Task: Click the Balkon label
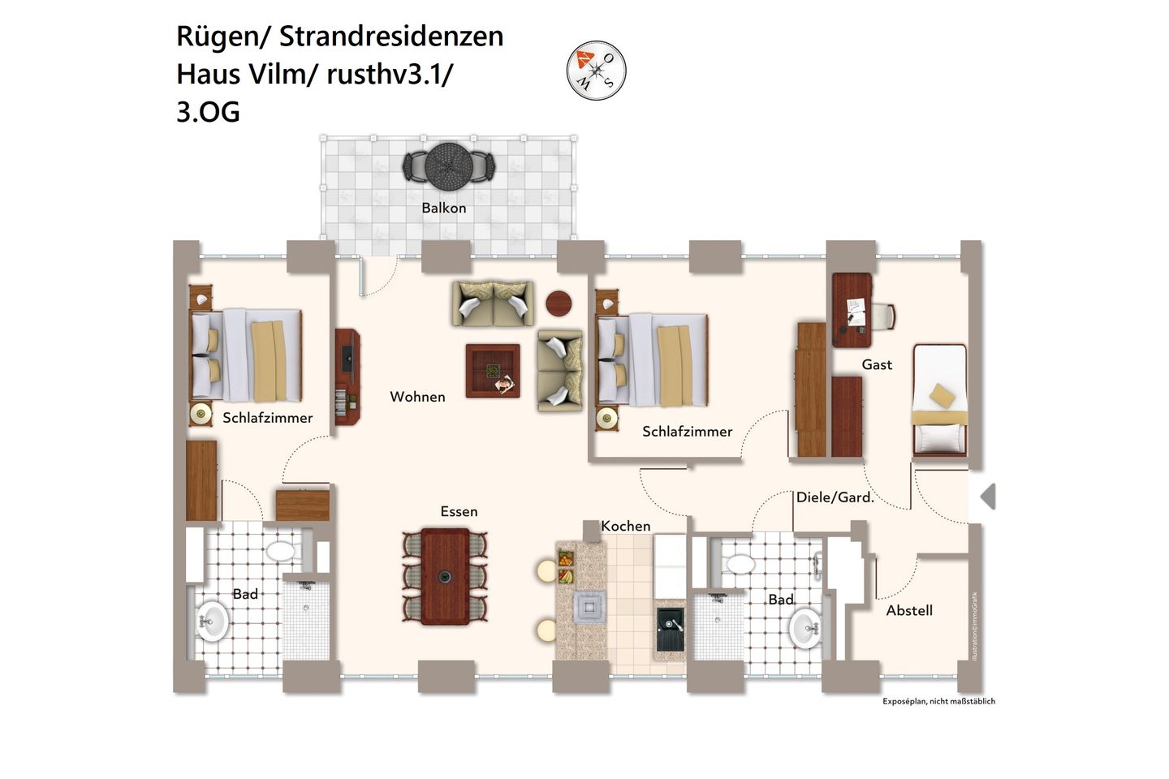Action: pos(444,209)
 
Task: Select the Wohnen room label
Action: pos(417,397)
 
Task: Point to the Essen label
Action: pos(459,512)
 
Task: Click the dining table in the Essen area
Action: pos(445,576)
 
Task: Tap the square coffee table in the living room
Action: pos(493,371)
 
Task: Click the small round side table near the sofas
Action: pos(559,303)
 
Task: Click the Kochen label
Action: pos(626,527)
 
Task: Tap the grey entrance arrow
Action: pos(987,497)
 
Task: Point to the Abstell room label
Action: pos(909,611)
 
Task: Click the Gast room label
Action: pos(877,365)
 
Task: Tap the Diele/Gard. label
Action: pos(835,497)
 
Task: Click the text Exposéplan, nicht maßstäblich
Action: pos(938,701)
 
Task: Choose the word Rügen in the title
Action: pos(213,37)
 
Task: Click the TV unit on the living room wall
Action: pos(347,377)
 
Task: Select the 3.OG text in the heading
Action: pos(208,112)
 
